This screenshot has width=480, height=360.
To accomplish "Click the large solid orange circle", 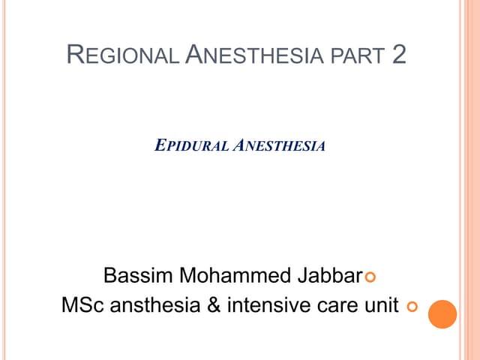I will [442, 314].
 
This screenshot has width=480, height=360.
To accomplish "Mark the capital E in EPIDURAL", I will [158, 146].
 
